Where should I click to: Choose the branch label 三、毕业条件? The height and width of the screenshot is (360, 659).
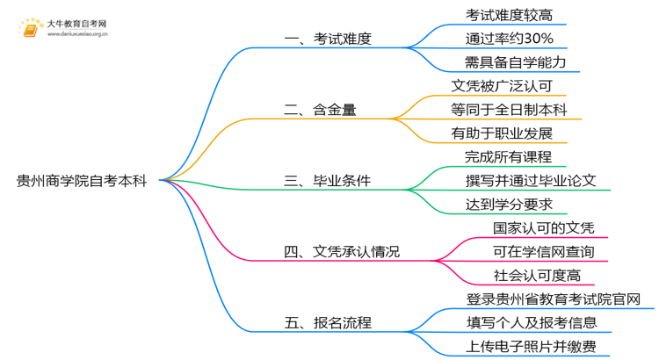328,181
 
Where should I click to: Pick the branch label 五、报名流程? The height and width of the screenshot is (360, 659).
328,323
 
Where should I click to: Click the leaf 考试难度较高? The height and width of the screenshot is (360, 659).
509,16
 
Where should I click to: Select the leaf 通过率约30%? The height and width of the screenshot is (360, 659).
509,39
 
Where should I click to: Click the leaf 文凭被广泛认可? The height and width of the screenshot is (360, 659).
502,86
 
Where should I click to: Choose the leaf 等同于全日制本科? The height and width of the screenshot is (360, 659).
509,110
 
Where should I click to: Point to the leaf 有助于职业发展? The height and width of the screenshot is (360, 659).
502,133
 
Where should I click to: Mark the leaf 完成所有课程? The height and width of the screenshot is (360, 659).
509,157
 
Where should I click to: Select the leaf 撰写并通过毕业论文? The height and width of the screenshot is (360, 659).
531,181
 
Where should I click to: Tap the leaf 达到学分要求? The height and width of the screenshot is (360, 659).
509,205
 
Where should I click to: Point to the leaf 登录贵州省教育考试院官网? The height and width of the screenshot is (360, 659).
560,299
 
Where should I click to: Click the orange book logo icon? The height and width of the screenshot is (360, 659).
29,30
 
